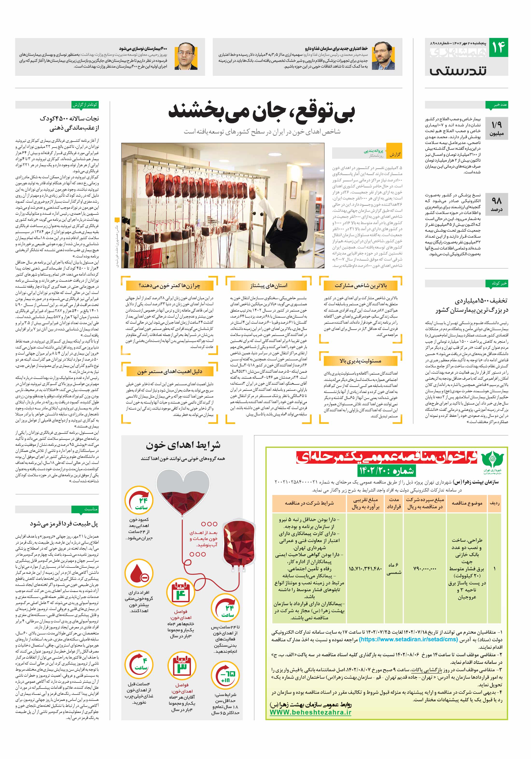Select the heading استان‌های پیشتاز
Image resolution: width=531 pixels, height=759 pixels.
[x=269, y=285]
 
